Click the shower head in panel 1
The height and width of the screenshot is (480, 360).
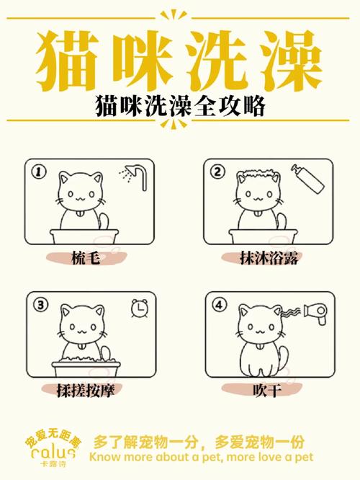pos(132,176)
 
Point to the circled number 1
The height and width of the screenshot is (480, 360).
pos(40,172)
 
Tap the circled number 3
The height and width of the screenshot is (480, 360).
pos(40,305)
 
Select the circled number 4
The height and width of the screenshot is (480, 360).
pos(218,305)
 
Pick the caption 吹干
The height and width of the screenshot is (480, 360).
pos(264,390)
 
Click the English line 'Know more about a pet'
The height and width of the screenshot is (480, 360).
pos(202,457)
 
